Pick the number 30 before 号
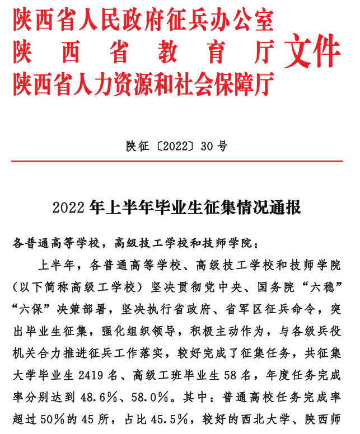pos(207,147)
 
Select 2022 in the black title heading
pos(68,208)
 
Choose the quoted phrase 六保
pos(36,309)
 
